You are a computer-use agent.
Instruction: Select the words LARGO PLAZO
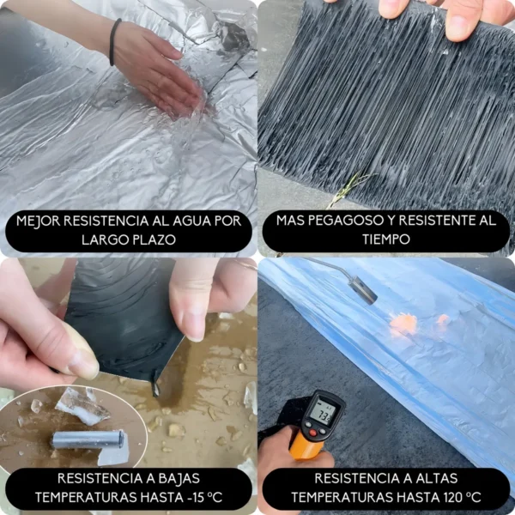(x=129, y=239)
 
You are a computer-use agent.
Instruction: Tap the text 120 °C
(x=459, y=497)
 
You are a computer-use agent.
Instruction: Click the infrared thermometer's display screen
(x=324, y=414)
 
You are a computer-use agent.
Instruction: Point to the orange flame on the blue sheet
(x=403, y=323)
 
